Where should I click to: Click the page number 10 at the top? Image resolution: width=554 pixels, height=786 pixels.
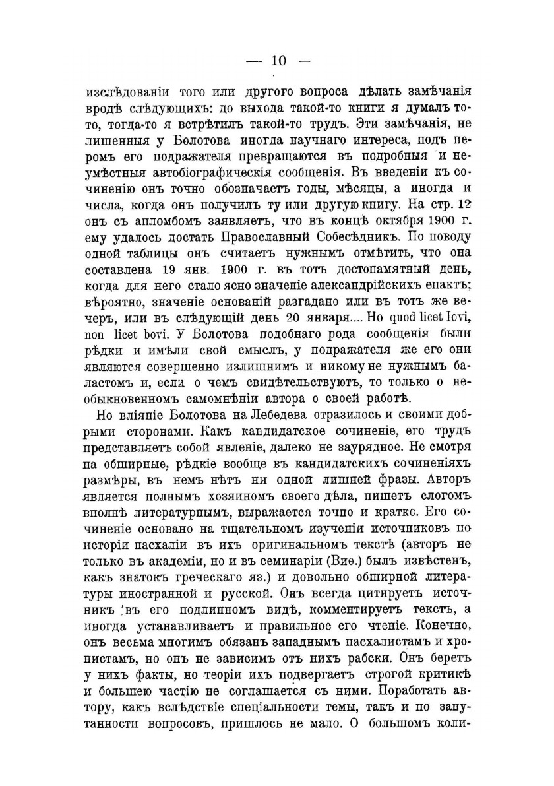tap(277, 61)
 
